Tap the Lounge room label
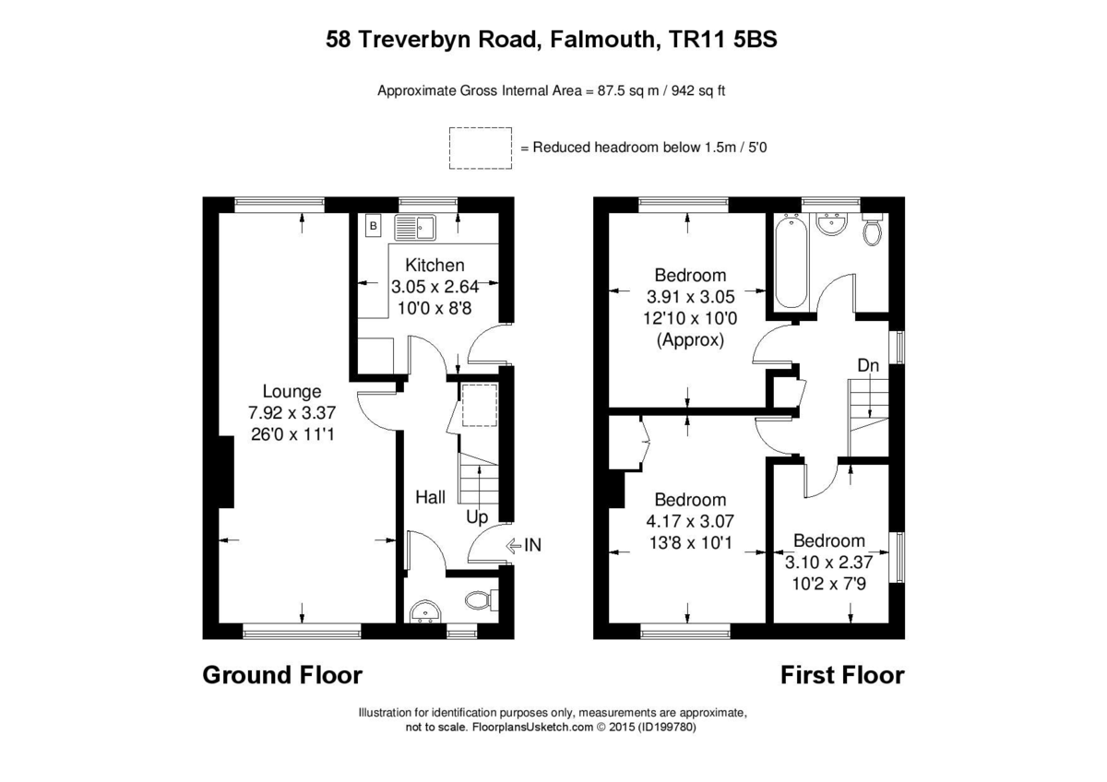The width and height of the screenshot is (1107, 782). tap(292, 391)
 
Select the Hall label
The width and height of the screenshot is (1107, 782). tap(430, 497)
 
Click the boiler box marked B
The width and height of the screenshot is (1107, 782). tap(374, 225)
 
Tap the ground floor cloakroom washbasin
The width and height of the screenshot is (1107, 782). tap(425, 611)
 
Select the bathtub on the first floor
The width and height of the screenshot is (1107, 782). tap(790, 263)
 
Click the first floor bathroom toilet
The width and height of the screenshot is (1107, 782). tap(871, 231)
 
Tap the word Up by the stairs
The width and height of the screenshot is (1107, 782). tap(476, 517)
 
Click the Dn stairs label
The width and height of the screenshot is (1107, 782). tap(868, 366)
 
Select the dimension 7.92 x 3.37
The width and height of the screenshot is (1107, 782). tap(292, 411)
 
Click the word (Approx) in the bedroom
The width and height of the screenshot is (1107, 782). tap(690, 339)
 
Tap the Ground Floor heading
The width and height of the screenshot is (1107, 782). tap(282, 675)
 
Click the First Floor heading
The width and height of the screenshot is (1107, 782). tap(842, 675)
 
